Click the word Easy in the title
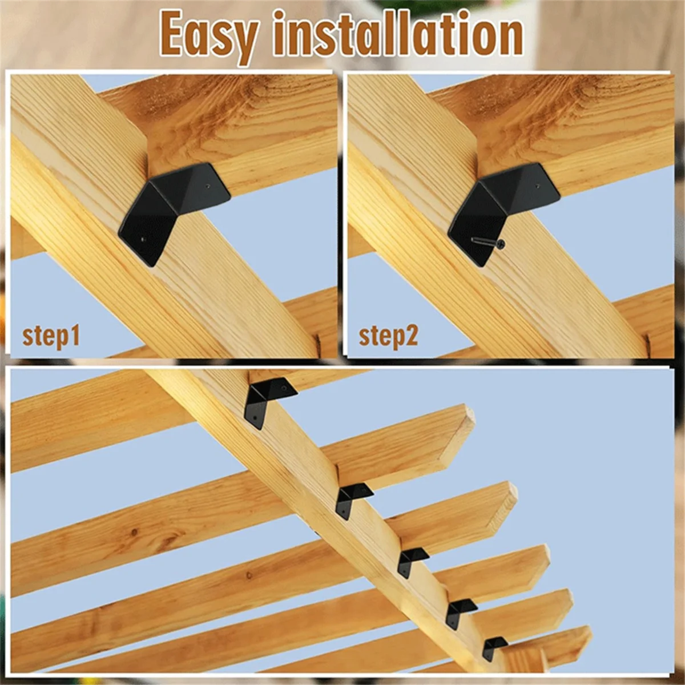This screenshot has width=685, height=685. [x=208, y=35]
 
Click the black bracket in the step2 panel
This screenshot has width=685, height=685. [x=502, y=208]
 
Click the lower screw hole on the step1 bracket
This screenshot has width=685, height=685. [x=143, y=240]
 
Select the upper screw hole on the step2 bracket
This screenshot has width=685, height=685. [x=539, y=186]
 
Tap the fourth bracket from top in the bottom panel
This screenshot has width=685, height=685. [x=460, y=611]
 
